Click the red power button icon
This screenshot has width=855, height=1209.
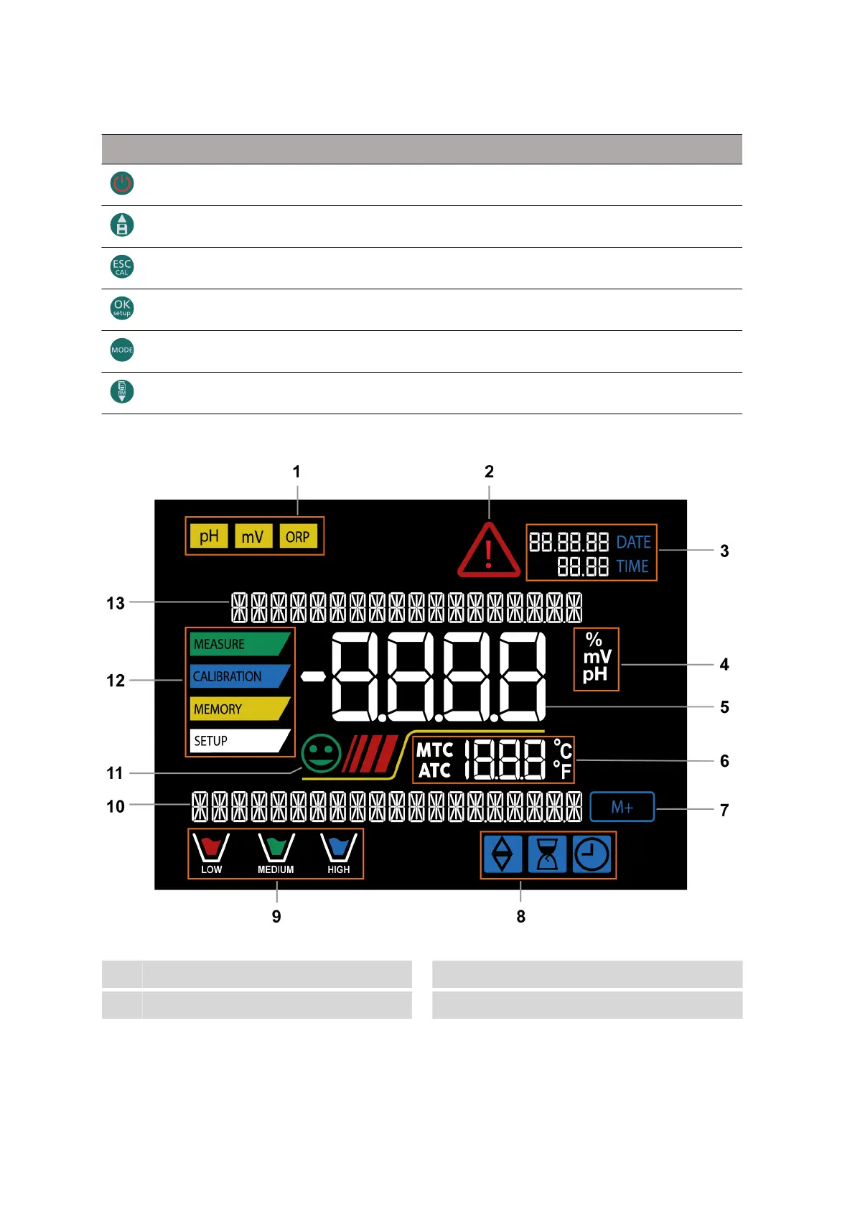click(122, 184)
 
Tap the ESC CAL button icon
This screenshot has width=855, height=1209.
click(122, 267)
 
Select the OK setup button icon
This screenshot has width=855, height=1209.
click(122, 308)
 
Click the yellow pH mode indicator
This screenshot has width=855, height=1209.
click(209, 536)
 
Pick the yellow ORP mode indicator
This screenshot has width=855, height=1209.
click(297, 536)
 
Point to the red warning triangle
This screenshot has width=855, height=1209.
click(489, 551)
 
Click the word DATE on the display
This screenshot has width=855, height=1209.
click(633, 542)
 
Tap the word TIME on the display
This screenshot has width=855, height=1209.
click(632, 566)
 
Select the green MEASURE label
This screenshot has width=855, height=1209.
click(238, 644)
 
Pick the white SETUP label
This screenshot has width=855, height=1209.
click(237, 741)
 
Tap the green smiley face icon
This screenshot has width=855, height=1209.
click(321, 753)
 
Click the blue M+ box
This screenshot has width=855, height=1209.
click(622, 807)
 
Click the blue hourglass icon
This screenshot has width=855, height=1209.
click(547, 854)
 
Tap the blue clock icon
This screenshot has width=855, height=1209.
click(592, 854)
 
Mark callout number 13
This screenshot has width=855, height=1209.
click(116, 603)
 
